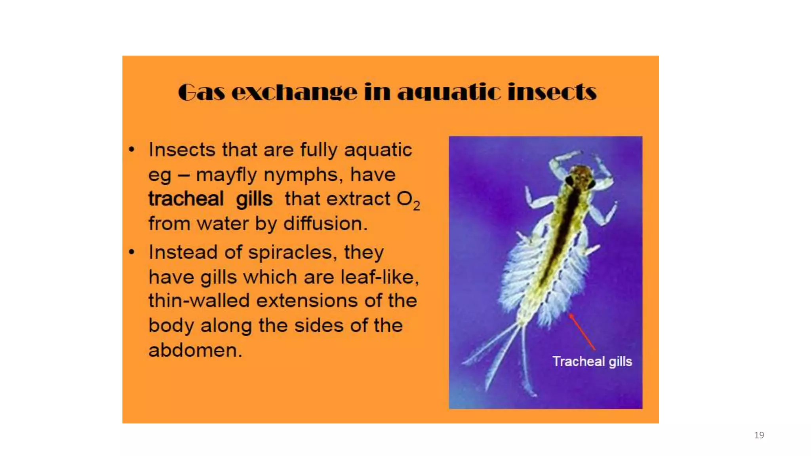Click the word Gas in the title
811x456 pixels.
click(x=201, y=92)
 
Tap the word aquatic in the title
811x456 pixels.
click(x=449, y=93)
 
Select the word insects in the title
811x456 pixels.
click(x=552, y=92)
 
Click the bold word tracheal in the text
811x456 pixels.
click(x=186, y=199)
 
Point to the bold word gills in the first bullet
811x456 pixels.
click(x=254, y=199)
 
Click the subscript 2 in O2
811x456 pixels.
click(x=416, y=205)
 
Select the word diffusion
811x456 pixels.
click(x=326, y=224)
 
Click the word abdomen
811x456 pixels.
click(x=195, y=350)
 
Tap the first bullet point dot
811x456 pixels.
click(x=132, y=150)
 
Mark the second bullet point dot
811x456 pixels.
click(x=132, y=252)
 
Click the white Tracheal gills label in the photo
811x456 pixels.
click(x=592, y=361)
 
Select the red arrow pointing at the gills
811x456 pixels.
click(x=582, y=332)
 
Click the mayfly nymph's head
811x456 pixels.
click(x=580, y=176)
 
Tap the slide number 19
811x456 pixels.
click(x=759, y=435)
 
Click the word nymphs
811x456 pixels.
click(x=303, y=175)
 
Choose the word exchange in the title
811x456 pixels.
click(x=294, y=93)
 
